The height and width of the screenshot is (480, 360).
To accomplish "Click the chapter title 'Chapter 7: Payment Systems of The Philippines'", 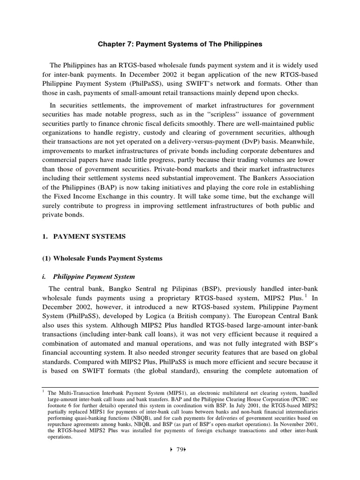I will coord(180,44).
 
